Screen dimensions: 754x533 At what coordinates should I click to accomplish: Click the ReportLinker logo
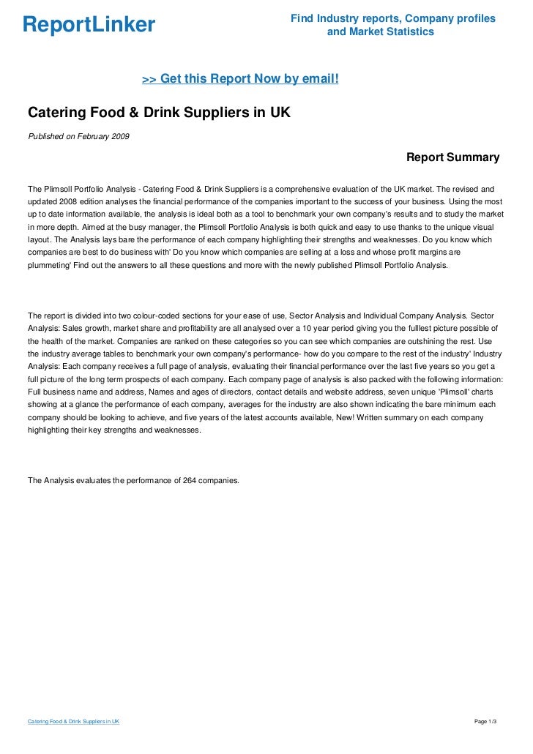[89, 25]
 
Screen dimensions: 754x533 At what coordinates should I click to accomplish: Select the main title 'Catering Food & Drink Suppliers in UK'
[159, 113]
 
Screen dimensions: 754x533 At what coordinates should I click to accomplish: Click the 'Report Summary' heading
[452, 157]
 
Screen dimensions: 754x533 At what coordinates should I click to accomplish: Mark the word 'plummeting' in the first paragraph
[48, 267]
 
